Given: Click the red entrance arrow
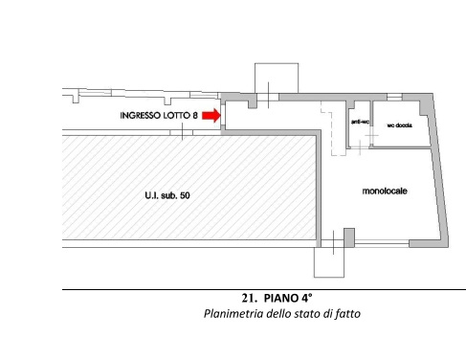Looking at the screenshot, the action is [x=211, y=115].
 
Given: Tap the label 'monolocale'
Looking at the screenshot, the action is [x=385, y=191].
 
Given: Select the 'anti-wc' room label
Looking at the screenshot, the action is [x=360, y=122].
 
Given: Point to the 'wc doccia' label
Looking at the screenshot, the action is [x=400, y=125].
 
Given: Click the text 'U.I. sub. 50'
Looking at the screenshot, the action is [x=167, y=195].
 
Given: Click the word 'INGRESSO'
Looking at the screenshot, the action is [x=141, y=116].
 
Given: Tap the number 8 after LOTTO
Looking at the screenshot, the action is [x=195, y=116].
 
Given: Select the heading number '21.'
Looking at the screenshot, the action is [x=249, y=298].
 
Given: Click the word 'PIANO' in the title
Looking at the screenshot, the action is [x=280, y=298].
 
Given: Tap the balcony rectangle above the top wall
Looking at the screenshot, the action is [x=277, y=78].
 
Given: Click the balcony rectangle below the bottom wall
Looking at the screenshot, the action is [x=329, y=262].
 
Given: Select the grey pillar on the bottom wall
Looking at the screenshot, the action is [x=349, y=237].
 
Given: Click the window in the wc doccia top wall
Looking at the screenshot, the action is [x=394, y=97].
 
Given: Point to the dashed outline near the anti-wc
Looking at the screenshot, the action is [x=333, y=129].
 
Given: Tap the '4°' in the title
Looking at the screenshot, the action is [x=306, y=298].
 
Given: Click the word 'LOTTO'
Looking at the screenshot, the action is [x=177, y=116].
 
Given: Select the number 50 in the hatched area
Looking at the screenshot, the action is [x=185, y=195].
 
